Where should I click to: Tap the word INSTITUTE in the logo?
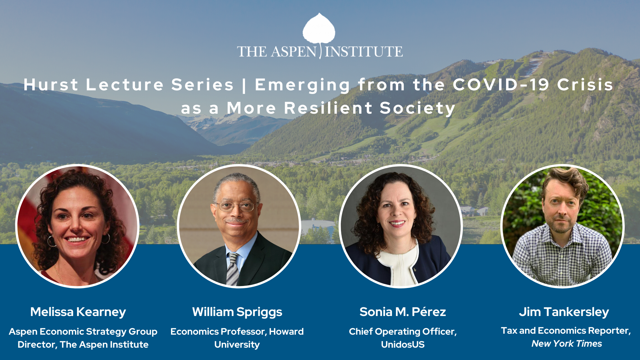pos(364,52)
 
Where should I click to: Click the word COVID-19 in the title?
pos(501,85)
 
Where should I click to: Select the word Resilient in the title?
pos(328,108)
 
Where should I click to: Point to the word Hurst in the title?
pos(51,85)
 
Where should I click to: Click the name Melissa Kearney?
pos(78,312)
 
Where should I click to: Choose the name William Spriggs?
pos(237,312)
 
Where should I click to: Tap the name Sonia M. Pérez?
pos(403,312)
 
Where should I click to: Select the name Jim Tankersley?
pos(564,312)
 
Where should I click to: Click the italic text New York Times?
pos(567,344)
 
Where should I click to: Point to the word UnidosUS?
pos(403,345)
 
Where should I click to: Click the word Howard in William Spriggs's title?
pos(286,332)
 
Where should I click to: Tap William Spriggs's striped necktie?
pos(233,269)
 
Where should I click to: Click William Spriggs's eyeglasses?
pos(235,207)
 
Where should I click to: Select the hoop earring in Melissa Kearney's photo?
pos(52,241)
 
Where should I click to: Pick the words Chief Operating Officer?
pos(403,332)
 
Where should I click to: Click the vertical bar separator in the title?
pos(244,85)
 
